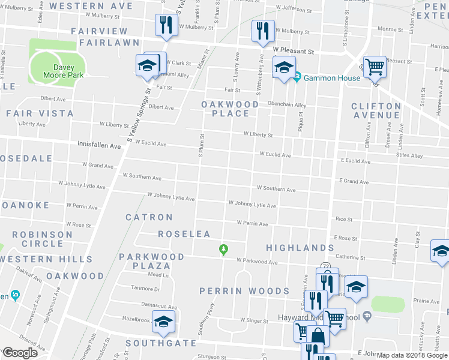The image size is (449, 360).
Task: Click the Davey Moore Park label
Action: click(63, 71)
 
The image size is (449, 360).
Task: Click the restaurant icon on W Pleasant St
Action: click(262, 31)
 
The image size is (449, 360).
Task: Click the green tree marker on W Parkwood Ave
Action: click(224, 248)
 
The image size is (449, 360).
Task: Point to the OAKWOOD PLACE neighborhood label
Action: click(230, 109)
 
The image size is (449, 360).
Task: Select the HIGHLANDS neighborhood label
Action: click(300, 247)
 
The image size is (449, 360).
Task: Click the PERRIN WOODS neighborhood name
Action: click(244, 291)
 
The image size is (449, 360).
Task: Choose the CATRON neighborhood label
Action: click(149, 217)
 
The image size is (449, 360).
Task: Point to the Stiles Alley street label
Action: click(409, 156)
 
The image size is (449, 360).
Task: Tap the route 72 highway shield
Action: click(325, 265)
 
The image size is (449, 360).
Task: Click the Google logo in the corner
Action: click(19, 353)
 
